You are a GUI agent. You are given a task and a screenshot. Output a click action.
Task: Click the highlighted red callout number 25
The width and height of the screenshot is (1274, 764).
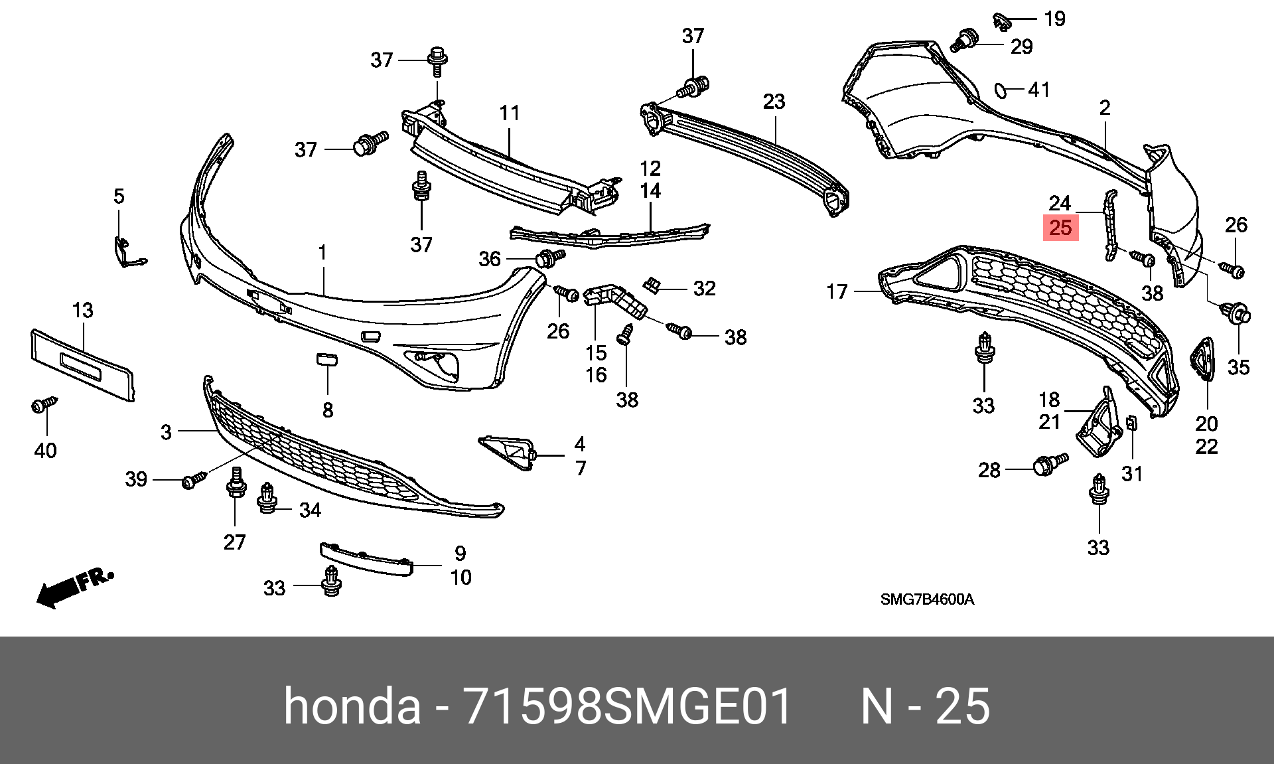coord(1060,228)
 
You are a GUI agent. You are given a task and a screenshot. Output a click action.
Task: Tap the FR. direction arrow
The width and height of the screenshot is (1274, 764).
coord(74,587)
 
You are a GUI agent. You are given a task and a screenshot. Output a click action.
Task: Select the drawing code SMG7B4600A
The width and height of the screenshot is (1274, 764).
coord(927,600)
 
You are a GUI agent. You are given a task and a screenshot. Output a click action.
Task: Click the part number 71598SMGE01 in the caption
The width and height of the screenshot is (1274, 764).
coord(628,706)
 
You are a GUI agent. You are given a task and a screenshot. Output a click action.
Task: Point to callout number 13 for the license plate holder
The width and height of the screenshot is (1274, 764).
coord(83,310)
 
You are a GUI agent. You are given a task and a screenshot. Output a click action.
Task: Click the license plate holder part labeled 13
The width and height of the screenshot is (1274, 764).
coord(82,364)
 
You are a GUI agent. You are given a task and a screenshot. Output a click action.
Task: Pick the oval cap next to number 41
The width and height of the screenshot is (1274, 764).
coord(1000,90)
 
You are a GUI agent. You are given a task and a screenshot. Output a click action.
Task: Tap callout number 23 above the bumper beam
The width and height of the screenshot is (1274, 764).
coord(774,102)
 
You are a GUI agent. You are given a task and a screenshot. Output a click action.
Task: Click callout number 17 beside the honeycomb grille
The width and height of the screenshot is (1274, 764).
coord(837,291)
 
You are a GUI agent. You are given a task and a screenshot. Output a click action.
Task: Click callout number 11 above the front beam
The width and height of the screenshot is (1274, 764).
coord(509,113)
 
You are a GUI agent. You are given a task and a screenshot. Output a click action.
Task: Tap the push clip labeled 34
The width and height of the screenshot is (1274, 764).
coord(267,498)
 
